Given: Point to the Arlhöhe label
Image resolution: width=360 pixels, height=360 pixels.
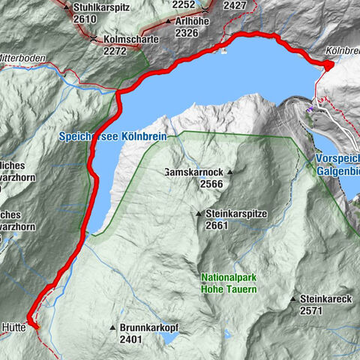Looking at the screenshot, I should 196,22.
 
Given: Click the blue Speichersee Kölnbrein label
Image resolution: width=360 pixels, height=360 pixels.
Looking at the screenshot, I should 118,137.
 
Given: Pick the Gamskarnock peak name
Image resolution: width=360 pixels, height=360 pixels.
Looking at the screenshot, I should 196,172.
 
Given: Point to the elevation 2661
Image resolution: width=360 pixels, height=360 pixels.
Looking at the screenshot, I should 214,226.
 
